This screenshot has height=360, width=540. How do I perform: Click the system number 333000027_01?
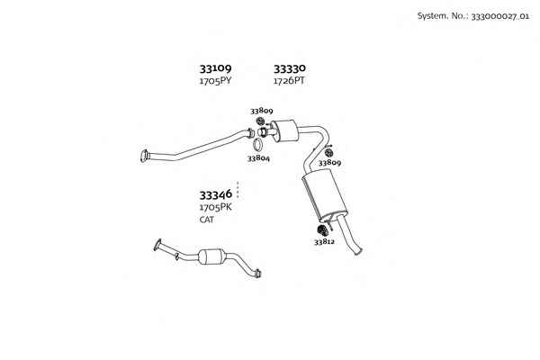(x=499, y=16)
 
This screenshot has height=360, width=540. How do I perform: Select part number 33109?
(x=216, y=68)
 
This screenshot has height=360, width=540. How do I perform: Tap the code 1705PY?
(x=216, y=81)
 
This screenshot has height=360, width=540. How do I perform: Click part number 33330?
(x=289, y=68)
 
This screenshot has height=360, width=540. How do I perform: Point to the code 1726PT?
(x=289, y=81)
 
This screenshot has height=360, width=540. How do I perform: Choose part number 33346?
(x=216, y=195)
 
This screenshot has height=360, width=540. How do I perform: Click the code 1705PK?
(x=216, y=207)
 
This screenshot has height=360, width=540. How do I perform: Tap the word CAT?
(x=207, y=220)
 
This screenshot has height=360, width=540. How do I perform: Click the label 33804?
(x=258, y=158)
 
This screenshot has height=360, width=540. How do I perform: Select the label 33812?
(x=324, y=242)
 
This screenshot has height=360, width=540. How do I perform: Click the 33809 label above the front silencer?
(x=262, y=111)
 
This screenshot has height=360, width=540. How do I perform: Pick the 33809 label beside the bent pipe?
(x=329, y=163)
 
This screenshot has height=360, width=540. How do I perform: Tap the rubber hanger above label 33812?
(x=321, y=230)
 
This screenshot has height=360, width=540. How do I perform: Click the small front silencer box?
(x=284, y=130)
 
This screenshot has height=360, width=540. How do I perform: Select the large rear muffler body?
(x=324, y=195)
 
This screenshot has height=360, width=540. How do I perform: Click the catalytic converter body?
(x=212, y=256)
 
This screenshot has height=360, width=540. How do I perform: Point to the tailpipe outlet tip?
(x=358, y=251)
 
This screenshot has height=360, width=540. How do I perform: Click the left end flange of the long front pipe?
(x=144, y=156)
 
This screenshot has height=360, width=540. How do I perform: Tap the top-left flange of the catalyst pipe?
(x=157, y=244)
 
